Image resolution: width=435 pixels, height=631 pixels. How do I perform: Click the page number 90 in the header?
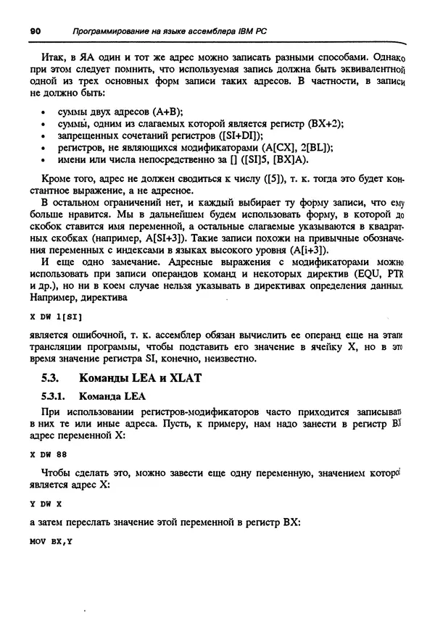tap(34, 30)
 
